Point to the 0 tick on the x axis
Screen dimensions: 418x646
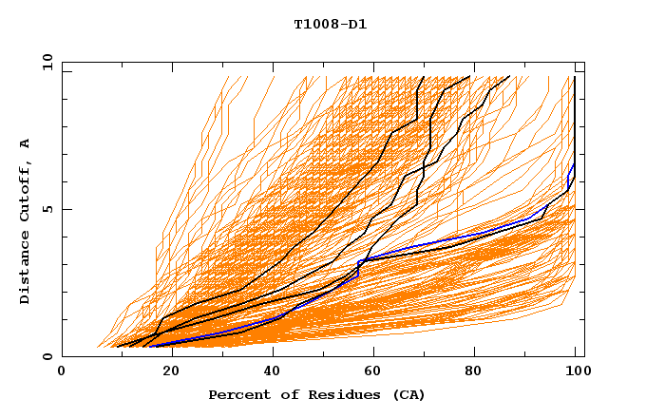pyautogui.click(x=62, y=371)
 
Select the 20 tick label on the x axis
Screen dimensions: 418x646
pyautogui.click(x=165, y=371)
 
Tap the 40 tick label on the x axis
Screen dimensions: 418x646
pyautogui.click(x=269, y=371)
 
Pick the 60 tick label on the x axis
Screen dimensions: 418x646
pyautogui.click(x=372, y=371)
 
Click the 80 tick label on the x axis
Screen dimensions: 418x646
pyautogui.click(x=476, y=371)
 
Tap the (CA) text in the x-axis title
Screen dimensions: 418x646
pyautogui.click(x=408, y=394)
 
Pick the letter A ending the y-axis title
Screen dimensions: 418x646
pyautogui.click(x=26, y=143)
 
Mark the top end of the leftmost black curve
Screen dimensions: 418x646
pyautogui.click(x=424, y=77)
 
